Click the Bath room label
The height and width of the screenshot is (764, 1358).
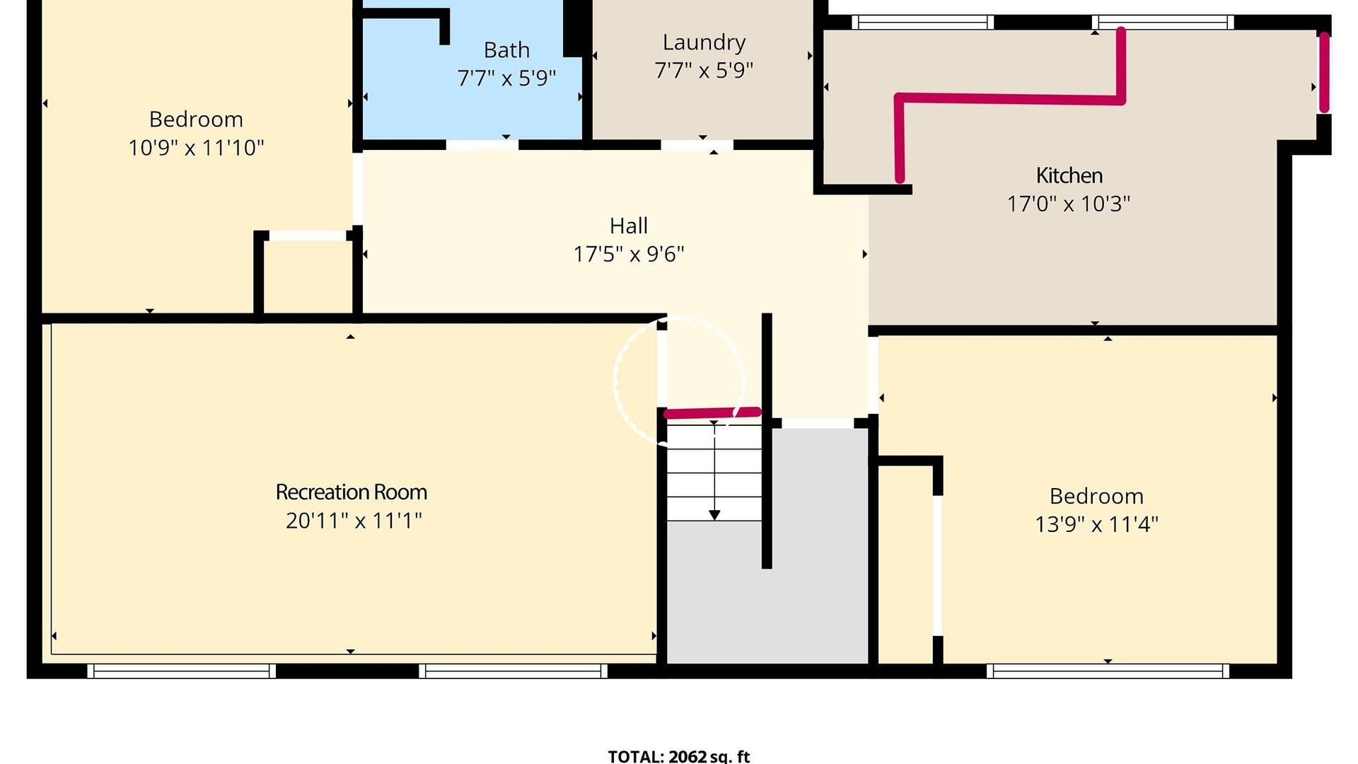[506, 50]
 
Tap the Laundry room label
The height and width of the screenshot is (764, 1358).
[704, 43]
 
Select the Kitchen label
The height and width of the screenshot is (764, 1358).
[1069, 175]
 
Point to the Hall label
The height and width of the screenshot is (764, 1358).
[628, 226]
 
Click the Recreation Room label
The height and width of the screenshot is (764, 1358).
[352, 492]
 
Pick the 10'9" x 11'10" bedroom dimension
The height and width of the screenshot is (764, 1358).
[196, 148]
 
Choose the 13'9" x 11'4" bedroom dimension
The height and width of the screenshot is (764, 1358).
[1096, 524]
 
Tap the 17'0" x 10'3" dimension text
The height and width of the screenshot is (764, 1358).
[1069, 204]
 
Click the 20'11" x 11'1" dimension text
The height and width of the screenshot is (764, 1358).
[354, 521]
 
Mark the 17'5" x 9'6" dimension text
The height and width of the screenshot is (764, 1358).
[629, 254]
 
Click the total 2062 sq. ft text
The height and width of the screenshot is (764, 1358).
[679, 756]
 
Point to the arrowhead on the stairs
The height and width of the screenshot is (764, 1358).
[714, 515]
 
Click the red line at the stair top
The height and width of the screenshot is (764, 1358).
[712, 412]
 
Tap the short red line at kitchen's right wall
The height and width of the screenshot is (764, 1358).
[1324, 72]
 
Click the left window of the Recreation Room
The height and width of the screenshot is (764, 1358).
[182, 671]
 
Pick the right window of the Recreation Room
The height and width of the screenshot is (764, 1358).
[513, 671]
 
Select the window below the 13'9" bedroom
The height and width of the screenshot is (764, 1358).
[1108, 671]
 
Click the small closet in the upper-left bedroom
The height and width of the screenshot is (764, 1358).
[308, 275]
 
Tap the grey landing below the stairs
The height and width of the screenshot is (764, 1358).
[767, 594]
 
